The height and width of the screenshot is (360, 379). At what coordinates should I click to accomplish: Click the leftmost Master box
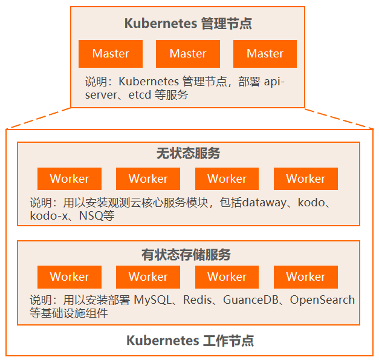[x=111, y=54]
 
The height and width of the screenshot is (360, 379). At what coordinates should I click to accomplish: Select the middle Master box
[x=187, y=54]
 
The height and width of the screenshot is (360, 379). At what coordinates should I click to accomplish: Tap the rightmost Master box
[x=265, y=54]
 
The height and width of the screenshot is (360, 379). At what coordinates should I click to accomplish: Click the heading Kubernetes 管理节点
[x=188, y=24]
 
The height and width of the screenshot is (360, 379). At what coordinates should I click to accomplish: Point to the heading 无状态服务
[x=188, y=154]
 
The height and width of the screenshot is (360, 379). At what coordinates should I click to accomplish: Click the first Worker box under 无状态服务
[x=70, y=179]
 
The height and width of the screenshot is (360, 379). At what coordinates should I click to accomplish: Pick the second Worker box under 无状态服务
[x=148, y=179]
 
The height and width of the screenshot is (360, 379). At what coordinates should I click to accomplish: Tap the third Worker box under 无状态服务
[x=227, y=179]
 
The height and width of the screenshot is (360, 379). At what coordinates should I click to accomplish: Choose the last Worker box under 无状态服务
[x=305, y=179]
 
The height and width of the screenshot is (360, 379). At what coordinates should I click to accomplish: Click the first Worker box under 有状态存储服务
[x=70, y=277]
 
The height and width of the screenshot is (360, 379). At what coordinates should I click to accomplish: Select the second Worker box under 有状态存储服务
[x=148, y=277]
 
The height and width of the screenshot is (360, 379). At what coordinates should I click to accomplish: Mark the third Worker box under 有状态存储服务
[x=227, y=277]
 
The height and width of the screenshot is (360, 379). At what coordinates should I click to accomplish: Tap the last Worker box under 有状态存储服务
[x=305, y=277]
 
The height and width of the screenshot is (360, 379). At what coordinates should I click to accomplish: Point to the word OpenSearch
[x=322, y=300]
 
